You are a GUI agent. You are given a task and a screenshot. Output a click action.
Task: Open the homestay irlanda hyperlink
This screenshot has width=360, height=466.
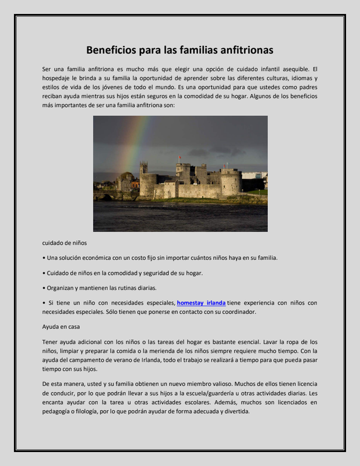point(201,303)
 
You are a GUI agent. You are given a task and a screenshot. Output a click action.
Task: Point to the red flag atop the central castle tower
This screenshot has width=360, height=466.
point(179,158)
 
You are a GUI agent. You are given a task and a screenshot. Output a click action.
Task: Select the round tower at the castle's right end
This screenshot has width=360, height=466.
point(231,182)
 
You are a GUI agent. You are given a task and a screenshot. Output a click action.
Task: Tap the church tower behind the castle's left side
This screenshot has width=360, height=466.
point(143,168)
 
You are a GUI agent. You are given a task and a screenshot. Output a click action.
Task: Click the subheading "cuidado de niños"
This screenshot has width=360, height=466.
point(65,242)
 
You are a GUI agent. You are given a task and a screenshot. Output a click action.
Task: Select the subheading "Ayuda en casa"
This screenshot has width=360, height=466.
point(61,327)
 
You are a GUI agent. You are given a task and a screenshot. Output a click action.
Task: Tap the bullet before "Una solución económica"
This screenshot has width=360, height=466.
point(44,257)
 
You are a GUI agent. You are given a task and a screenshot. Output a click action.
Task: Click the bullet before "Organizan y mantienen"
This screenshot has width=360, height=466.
point(44,288)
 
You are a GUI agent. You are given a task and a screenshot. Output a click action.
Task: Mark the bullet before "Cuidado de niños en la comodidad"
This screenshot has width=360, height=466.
point(44,273)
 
